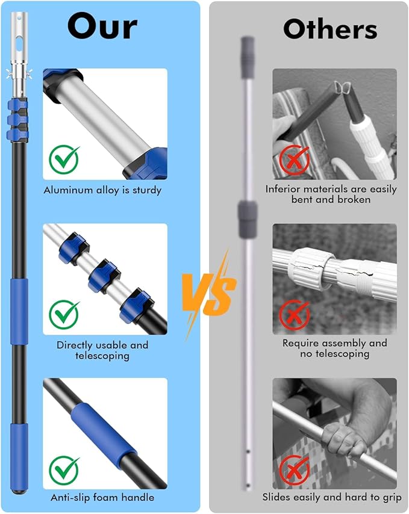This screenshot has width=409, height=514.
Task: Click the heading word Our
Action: pos(102,26)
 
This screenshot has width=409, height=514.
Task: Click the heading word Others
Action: pos(330,28)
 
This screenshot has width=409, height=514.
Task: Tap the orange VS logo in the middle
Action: pos(208,294)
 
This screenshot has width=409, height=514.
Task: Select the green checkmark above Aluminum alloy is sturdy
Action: pos(64,158)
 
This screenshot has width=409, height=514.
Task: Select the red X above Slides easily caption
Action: pos(294,469)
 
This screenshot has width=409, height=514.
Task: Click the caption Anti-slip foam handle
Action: pos(102,497)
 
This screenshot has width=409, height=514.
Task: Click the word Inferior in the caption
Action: pos(284,189)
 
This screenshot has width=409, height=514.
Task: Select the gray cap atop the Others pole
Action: pos(248,57)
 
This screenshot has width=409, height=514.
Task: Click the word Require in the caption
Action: pos(302,343)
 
